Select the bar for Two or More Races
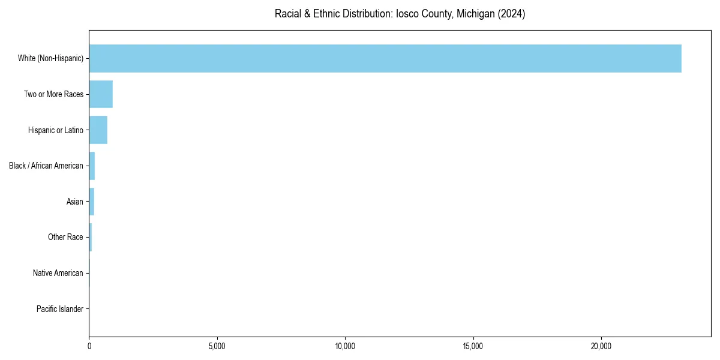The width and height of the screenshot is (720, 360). coord(101,94)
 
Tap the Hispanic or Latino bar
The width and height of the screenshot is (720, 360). coord(98,130)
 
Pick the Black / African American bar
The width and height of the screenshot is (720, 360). coord(92,166)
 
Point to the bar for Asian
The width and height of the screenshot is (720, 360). coord(92,202)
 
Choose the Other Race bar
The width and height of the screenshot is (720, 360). coord(91,238)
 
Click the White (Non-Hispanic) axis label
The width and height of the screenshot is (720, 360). coord(50,58)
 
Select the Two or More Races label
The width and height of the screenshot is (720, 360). coord(53,94)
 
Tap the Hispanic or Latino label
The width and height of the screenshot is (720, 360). coord(56,130)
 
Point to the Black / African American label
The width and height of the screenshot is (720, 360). coord(46,166)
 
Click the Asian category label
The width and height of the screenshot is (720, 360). coord(75,202)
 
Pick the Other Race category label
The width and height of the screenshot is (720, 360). coord(65,238)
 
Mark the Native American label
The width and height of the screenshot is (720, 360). coord(58,274)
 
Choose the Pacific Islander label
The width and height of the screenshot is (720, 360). coord(60,309)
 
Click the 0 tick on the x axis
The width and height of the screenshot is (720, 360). coord(89,346)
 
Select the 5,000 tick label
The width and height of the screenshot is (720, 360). coord(217,346)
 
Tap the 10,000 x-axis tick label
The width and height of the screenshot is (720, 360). coord(345,346)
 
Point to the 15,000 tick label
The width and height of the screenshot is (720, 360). coord(473,346)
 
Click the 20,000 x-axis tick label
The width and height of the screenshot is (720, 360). coord(601,346)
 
